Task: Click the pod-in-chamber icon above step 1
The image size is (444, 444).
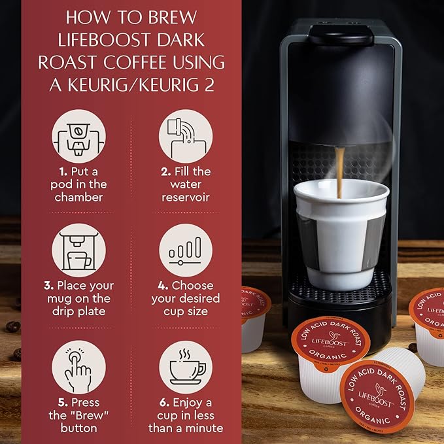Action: [x=78, y=136]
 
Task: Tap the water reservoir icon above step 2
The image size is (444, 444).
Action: [x=185, y=136]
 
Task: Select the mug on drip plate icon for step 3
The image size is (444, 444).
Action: [x=78, y=250]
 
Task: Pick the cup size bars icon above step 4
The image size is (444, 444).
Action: [x=185, y=250]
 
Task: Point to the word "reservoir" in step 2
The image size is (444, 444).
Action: [x=185, y=197]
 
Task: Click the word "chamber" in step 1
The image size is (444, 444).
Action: [x=78, y=197]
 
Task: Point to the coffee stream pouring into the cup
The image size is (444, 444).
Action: [x=340, y=170]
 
